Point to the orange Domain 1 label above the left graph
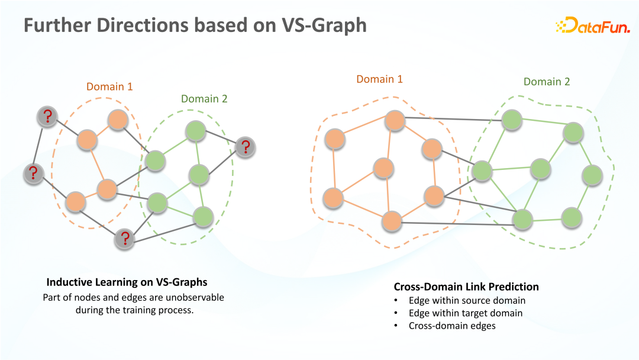(109, 87)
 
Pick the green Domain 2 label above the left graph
(204, 99)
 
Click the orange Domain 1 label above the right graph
(379, 79)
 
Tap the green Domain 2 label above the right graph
(547, 82)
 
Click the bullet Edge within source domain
(467, 300)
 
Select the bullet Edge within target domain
(466, 313)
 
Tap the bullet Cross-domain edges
(452, 326)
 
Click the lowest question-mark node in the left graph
(125, 238)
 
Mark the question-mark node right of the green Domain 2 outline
(245, 147)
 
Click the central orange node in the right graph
(384, 168)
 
